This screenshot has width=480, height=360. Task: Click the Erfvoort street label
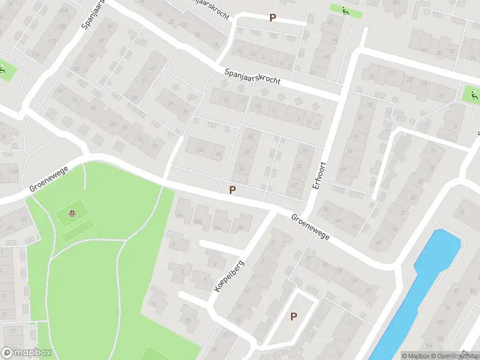[x=318, y=175]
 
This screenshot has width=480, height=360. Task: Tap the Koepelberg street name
[x=229, y=275]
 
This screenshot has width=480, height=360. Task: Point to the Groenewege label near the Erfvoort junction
[x=311, y=228]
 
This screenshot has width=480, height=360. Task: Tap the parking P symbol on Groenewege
[x=232, y=190]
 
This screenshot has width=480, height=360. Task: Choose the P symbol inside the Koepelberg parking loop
[x=294, y=317]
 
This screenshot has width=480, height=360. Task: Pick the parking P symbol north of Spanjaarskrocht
[x=273, y=19]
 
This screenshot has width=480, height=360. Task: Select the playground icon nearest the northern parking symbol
[x=344, y=10]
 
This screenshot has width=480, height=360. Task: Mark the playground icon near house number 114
[x=3, y=70]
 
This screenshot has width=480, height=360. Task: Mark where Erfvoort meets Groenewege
[x=304, y=214]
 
